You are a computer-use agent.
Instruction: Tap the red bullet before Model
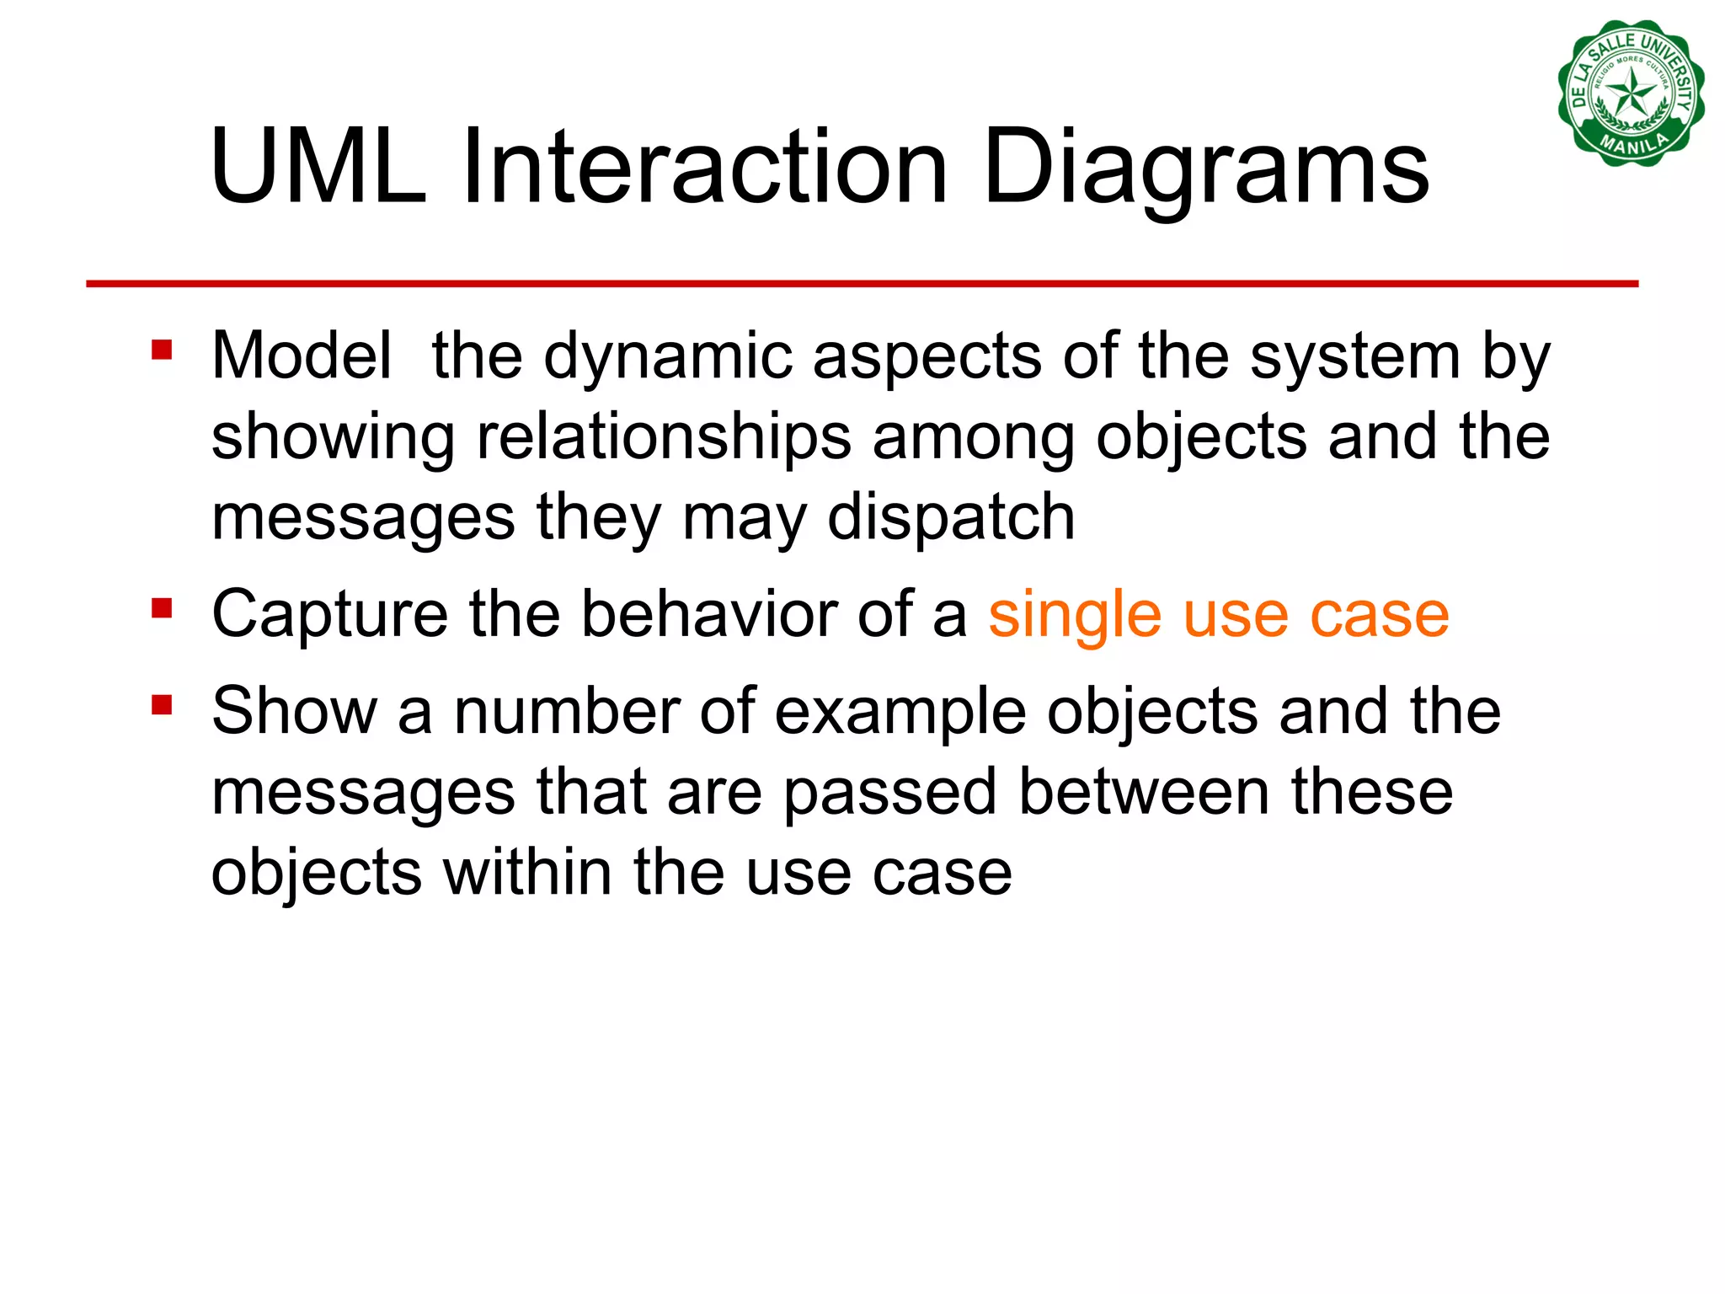point(162,349)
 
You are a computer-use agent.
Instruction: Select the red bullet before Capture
point(162,607)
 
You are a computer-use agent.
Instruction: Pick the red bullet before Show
point(162,704)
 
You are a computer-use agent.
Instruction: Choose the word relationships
point(664,437)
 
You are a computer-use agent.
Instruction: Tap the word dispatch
point(951,518)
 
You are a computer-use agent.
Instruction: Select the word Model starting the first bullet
point(302,356)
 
